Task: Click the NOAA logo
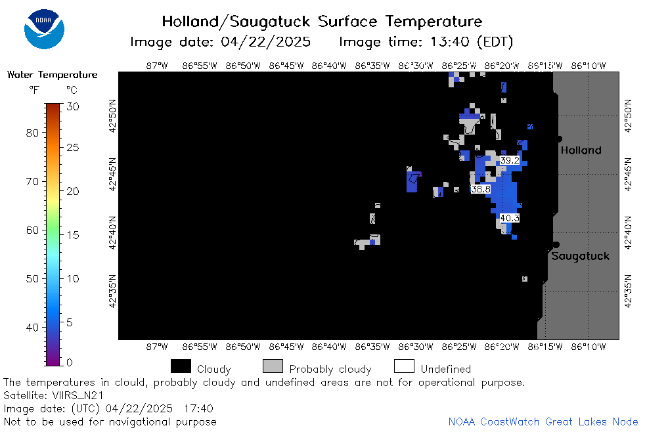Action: point(44,29)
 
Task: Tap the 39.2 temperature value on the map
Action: point(510,160)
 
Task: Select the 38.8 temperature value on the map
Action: point(481,189)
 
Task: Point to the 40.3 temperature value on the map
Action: point(510,218)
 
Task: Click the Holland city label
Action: point(581,150)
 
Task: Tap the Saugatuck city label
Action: point(580,256)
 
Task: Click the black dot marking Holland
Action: point(560,139)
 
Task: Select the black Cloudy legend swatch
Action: point(181,366)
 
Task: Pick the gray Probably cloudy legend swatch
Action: point(273,366)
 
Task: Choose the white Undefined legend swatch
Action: point(404,366)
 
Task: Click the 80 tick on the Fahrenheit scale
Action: point(32,133)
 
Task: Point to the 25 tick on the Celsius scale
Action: point(73,147)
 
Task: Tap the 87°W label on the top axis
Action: point(157,66)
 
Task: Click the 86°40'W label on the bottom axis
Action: point(329,347)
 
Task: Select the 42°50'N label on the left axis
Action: point(112,116)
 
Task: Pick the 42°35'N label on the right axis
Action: point(628,291)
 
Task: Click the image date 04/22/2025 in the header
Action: point(266,42)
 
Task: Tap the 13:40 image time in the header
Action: point(450,42)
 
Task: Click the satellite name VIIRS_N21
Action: point(78,395)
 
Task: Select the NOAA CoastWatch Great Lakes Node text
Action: point(543,421)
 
